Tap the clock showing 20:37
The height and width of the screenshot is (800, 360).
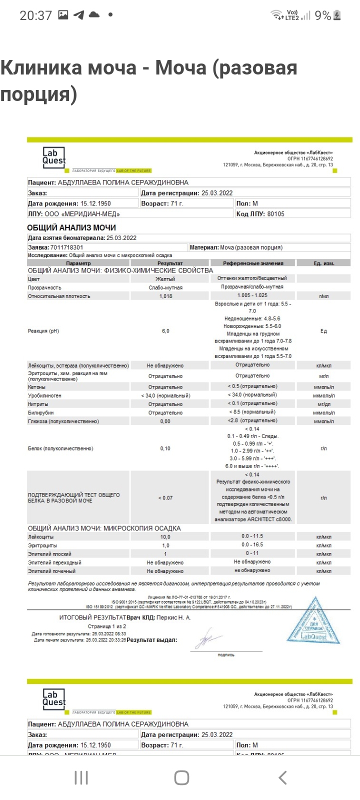(35, 15)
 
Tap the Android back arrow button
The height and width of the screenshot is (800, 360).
(282, 777)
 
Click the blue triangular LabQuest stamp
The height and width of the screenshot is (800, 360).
(313, 621)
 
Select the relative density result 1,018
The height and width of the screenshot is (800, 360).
(165, 296)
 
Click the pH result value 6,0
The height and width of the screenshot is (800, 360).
(165, 331)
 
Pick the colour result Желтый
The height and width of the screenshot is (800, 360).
(165, 278)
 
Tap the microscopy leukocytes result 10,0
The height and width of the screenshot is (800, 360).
(165, 537)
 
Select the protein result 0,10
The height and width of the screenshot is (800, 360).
(165, 448)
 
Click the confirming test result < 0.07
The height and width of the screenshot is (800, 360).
(165, 497)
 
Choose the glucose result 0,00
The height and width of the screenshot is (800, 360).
(165, 421)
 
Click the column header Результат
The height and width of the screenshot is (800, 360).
(170, 263)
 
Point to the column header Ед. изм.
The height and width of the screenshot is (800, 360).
(324, 263)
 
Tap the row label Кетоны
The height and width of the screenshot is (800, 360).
(37, 387)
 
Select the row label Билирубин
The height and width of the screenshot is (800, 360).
(41, 413)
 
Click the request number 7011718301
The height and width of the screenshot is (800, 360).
(67, 247)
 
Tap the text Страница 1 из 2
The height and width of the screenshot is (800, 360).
(107, 626)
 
